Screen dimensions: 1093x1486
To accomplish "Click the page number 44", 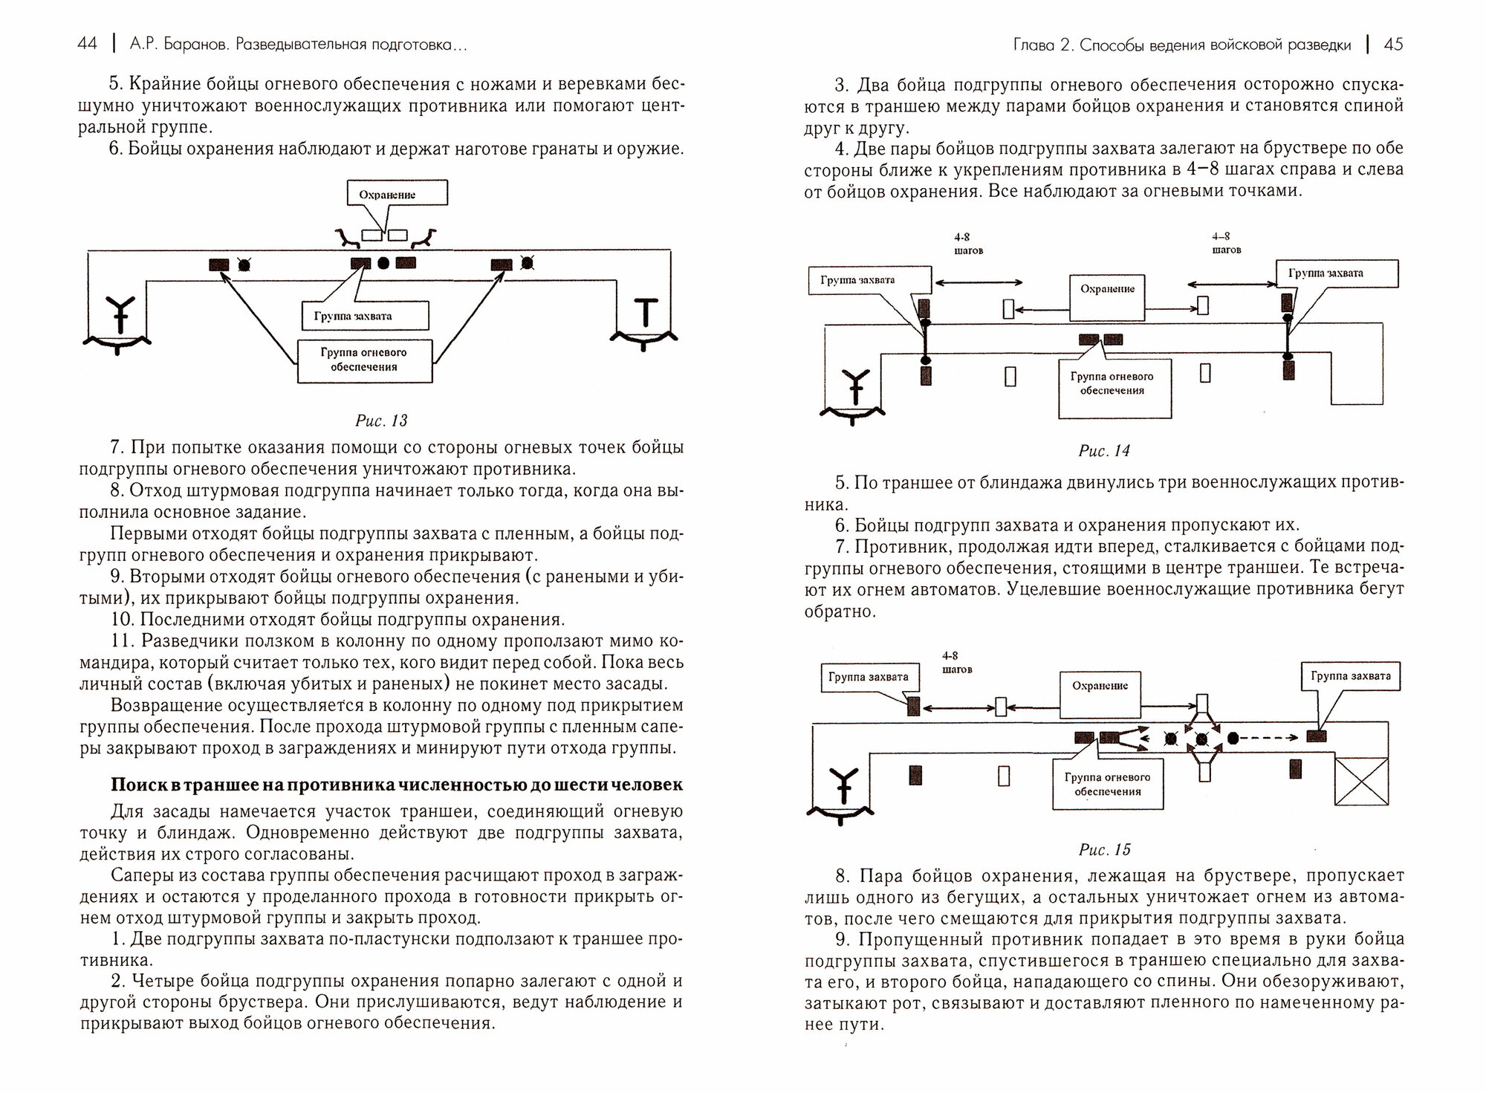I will click(87, 45).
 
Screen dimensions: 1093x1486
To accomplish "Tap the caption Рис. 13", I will click(381, 421).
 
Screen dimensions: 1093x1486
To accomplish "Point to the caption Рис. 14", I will click(1104, 450).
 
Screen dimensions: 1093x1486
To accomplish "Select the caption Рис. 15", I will click(1104, 849).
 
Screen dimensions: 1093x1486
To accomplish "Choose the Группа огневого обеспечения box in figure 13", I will click(364, 360).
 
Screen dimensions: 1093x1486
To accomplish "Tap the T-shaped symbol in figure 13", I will click(644, 312).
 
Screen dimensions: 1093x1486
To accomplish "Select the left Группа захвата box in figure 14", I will click(868, 280).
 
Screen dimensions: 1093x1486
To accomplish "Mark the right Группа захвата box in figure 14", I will click(1337, 273).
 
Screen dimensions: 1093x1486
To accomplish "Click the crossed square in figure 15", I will click(1361, 780).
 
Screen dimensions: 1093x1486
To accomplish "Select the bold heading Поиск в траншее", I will click(396, 784).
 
